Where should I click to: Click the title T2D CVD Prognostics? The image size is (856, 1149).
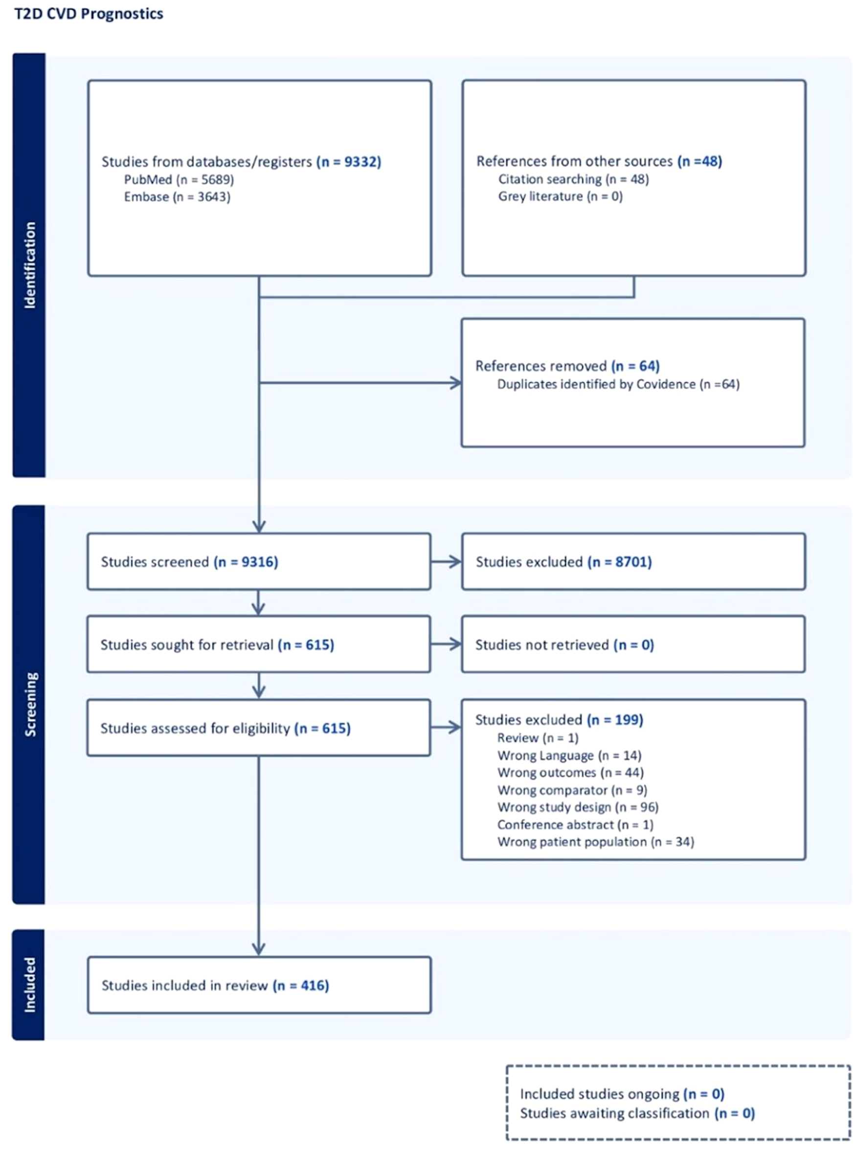[x=89, y=14]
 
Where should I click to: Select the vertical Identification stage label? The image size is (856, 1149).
[x=30, y=265]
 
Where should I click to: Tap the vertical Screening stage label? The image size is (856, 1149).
[x=30, y=703]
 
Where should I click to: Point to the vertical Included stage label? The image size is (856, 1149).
[x=30, y=985]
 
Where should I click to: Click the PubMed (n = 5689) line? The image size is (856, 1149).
[x=179, y=179]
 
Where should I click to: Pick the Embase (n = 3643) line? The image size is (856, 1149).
[x=177, y=196]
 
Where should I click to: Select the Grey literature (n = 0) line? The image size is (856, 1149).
[x=560, y=196]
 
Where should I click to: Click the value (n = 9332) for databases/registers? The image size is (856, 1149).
[x=349, y=162]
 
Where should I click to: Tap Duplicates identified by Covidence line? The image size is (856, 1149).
[x=618, y=384]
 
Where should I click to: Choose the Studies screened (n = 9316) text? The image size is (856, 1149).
[x=189, y=562]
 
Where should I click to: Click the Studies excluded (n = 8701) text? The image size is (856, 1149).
[x=563, y=562]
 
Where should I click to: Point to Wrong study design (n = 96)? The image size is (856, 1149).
[x=578, y=807]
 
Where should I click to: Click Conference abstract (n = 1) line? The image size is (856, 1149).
[x=575, y=824]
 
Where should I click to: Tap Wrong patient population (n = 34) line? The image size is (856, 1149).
[x=595, y=842]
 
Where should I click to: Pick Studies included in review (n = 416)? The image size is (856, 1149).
[x=215, y=985]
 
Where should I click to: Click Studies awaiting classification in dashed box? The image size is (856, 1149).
[x=637, y=1113]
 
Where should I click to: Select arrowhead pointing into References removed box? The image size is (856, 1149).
[x=456, y=383]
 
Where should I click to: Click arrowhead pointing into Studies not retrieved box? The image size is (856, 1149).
[x=455, y=644]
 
